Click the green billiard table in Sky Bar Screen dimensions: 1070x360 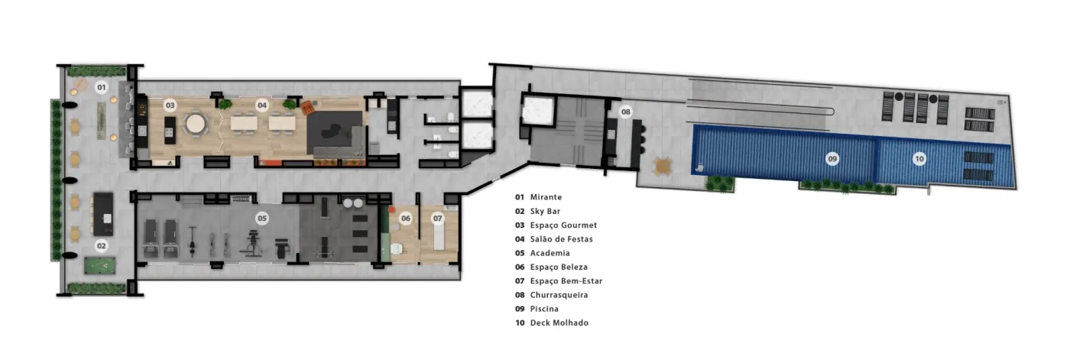[x=100, y=265]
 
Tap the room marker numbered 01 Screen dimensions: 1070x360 [x=101, y=87]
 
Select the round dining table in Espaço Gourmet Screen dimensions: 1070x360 [x=196, y=124]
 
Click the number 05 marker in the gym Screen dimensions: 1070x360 [x=261, y=218]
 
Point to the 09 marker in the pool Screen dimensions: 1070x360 [x=832, y=159]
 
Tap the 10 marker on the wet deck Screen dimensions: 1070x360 [x=919, y=159]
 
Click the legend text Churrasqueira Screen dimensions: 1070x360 [x=559, y=295]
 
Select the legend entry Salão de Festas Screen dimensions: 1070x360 [x=561, y=239]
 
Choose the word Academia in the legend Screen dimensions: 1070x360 [x=550, y=253]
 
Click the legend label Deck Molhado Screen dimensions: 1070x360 [x=559, y=323]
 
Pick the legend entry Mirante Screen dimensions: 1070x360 [x=546, y=197]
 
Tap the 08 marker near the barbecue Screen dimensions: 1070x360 [x=625, y=112]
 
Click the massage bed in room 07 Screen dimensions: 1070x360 [x=439, y=237]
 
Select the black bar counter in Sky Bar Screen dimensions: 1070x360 [x=103, y=214]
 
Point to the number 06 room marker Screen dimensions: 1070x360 [x=406, y=218]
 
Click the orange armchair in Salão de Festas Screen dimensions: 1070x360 [x=308, y=108]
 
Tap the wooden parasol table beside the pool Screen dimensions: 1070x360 [x=663, y=166]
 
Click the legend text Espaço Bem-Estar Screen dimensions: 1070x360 [x=566, y=281]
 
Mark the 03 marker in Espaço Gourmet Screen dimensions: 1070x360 [x=170, y=105]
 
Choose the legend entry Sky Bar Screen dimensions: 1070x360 [x=545, y=211]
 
